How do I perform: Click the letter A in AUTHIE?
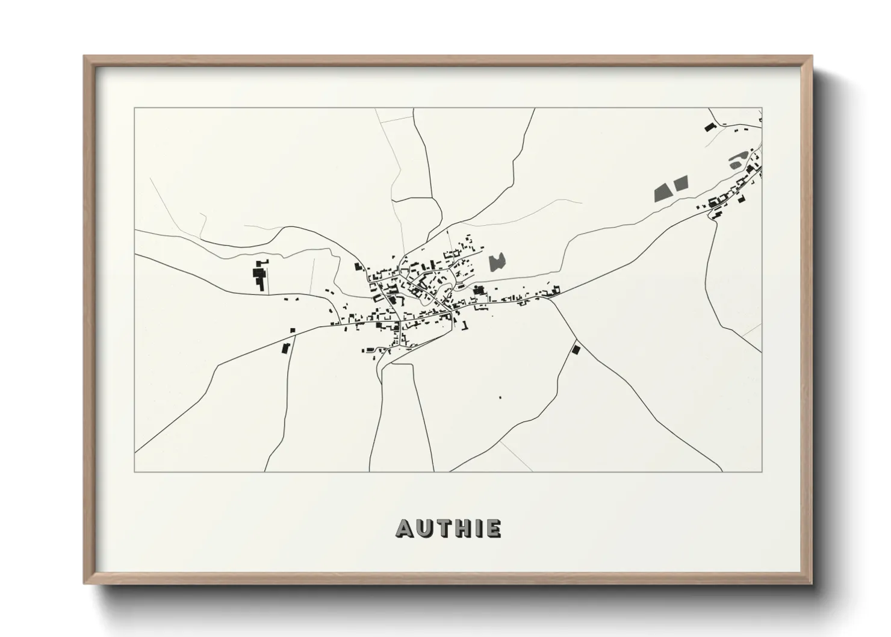(x=404, y=528)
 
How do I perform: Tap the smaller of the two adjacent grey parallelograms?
(x=680, y=183)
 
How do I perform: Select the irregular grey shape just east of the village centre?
(x=497, y=262)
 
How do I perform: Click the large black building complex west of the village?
(x=260, y=275)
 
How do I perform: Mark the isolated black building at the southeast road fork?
(x=575, y=349)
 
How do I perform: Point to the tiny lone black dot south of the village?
(x=499, y=397)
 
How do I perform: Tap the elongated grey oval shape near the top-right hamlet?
(x=736, y=163)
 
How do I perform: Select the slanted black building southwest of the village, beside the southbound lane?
(x=286, y=348)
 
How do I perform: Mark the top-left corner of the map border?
(x=135, y=108)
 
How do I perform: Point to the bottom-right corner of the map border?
(x=762, y=471)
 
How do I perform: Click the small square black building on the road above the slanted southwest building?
(x=293, y=331)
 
